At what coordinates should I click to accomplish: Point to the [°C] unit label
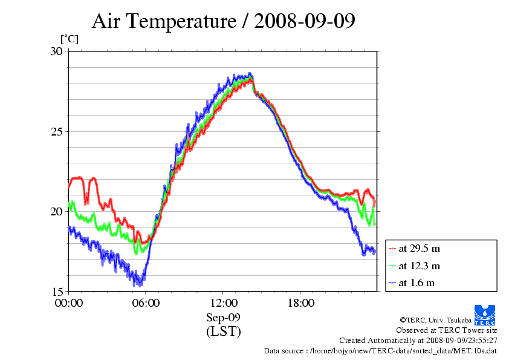(x=69, y=39)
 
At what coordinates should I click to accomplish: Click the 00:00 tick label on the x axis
(x=69, y=303)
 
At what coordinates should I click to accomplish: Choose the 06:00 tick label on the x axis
(x=146, y=303)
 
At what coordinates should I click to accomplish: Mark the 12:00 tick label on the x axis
(x=224, y=303)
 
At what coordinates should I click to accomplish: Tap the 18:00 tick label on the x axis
(x=301, y=303)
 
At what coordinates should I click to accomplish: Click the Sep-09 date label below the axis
(x=224, y=318)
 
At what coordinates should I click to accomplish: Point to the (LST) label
(x=224, y=332)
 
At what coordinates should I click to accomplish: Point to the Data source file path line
(x=380, y=350)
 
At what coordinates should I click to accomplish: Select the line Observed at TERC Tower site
(x=447, y=330)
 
